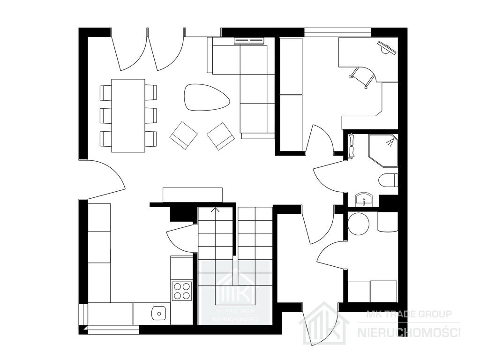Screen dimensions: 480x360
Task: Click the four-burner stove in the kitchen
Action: click(181, 291)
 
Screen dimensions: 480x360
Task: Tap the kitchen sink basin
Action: click(158, 313)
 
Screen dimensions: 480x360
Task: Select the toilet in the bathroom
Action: click(388, 180)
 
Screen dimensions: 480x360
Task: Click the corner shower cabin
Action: click(383, 150)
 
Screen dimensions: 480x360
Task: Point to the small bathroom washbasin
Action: click(364, 200)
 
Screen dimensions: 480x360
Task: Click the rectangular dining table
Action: click(128, 116)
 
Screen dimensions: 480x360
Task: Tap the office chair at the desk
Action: click(363, 76)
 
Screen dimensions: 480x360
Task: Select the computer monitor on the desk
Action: click(387, 48)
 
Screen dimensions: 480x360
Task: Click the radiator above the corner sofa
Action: click(249, 40)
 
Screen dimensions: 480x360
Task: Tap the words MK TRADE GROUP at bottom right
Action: click(409, 314)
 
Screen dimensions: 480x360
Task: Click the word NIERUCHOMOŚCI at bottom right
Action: click(409, 332)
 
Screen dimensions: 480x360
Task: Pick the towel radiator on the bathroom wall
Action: click(352, 146)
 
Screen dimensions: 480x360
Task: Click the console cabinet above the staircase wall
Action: click(193, 195)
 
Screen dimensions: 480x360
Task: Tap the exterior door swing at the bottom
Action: click(320, 324)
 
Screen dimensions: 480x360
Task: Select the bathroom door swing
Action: click(329, 178)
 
